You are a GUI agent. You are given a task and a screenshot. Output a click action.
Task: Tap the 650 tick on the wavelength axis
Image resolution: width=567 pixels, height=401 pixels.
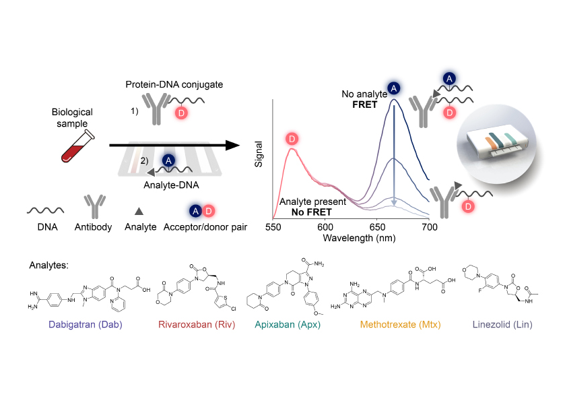377,227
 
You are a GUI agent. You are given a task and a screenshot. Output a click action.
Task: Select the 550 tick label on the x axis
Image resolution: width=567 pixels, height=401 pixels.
273,227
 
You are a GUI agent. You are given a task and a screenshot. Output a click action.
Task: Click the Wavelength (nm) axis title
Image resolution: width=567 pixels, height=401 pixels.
359,238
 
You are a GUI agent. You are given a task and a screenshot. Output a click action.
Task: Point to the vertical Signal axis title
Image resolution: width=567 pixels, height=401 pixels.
258,154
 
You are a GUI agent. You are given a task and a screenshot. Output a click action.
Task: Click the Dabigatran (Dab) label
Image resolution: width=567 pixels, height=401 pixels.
86,324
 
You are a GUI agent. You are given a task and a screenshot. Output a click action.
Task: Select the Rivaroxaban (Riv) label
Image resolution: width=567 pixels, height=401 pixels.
197,324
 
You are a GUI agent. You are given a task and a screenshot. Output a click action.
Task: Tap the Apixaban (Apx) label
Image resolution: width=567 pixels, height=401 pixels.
288,324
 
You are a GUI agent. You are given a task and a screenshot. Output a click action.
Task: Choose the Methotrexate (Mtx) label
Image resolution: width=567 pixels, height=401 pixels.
400,324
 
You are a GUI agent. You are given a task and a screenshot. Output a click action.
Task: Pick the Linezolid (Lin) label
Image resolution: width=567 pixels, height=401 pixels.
502,324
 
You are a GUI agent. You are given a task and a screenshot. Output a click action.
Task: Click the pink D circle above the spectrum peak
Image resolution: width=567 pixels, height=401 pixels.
292,139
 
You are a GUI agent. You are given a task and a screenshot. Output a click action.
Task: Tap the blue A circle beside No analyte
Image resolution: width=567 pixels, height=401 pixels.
394,88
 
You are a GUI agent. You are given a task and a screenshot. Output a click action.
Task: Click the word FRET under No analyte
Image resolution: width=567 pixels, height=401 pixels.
365,104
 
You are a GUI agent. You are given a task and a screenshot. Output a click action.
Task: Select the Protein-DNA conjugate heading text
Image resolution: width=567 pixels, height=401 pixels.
174,85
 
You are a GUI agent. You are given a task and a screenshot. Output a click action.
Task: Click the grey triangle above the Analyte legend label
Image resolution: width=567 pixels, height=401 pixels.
139,211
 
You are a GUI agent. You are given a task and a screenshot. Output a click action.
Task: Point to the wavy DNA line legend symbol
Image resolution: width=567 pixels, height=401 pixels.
46,210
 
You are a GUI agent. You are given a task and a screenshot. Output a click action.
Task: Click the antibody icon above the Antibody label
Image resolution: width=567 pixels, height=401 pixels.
95,206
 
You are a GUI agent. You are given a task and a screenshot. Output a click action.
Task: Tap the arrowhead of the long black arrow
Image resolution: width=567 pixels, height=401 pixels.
232,145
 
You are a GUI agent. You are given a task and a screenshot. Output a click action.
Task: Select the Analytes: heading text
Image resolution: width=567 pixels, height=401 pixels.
48,266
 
